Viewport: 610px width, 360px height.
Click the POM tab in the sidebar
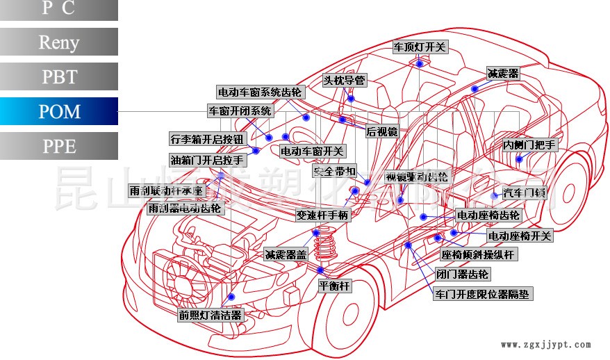(x=59, y=111)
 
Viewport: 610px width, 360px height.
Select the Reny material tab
(x=59, y=42)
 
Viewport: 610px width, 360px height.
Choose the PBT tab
(x=59, y=76)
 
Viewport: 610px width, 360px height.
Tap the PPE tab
(x=59, y=146)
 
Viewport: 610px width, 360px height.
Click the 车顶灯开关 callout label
(x=420, y=47)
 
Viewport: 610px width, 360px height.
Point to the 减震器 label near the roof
(x=503, y=73)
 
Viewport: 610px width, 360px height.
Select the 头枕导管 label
(x=344, y=80)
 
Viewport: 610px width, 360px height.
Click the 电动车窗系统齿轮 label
(x=260, y=92)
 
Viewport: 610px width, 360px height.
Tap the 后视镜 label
(x=381, y=131)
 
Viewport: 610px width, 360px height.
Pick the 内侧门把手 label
(x=529, y=145)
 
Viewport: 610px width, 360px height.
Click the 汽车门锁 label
(x=525, y=193)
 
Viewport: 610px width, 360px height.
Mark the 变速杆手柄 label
(x=322, y=215)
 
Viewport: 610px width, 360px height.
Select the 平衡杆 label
(x=335, y=285)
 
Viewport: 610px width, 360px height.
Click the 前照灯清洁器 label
(x=211, y=315)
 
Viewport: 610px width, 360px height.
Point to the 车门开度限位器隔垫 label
(x=482, y=294)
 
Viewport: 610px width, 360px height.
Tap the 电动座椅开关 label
(x=520, y=236)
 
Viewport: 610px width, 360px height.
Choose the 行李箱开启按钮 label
(x=207, y=138)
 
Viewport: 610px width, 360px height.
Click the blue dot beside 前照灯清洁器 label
(x=231, y=297)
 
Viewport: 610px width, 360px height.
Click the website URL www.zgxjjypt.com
(x=545, y=344)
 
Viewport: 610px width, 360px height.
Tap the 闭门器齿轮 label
(x=462, y=274)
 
